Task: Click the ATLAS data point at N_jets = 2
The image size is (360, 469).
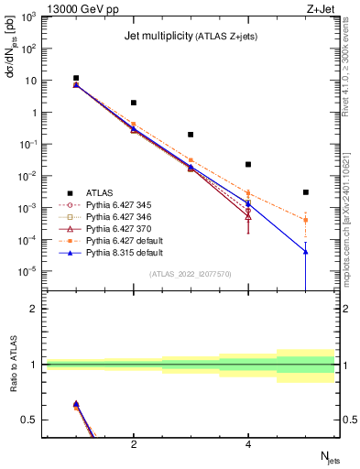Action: click(134, 103)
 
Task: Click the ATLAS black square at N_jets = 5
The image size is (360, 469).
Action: click(306, 192)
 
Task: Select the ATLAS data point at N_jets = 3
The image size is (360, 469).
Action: click(191, 135)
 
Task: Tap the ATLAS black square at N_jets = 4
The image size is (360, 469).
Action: click(248, 165)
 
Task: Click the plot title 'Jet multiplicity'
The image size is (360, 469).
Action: click(155, 37)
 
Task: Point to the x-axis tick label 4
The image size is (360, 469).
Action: click(248, 444)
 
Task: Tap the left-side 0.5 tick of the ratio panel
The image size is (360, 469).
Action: click(30, 420)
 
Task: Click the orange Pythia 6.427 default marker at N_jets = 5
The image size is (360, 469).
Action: click(306, 220)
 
